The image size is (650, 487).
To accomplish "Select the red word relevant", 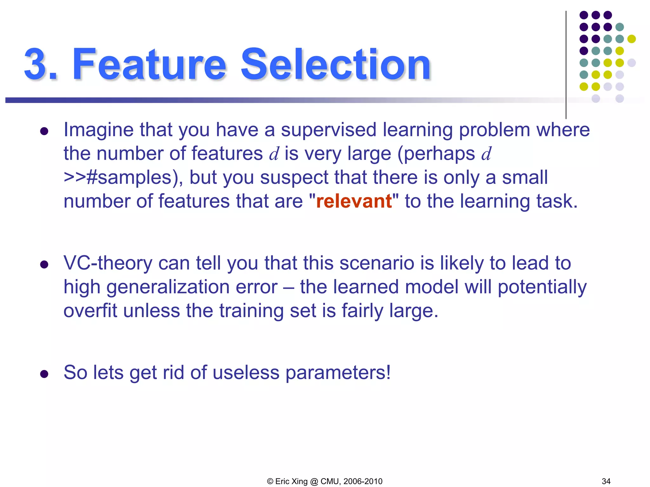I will click(354, 201).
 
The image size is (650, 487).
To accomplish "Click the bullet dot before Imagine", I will click(44, 131).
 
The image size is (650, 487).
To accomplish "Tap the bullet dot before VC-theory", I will click(44, 264).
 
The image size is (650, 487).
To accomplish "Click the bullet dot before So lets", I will click(44, 374).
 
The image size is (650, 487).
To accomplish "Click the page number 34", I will click(606, 481).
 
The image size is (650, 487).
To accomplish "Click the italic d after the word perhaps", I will click(486, 154).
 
